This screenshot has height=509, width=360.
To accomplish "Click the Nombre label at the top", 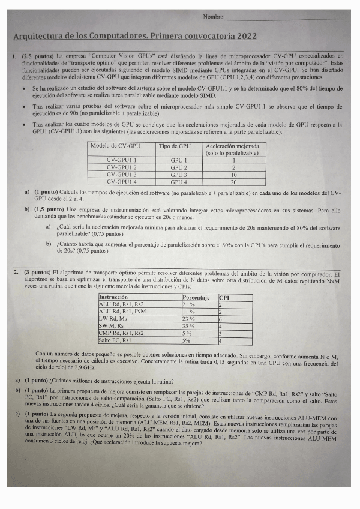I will coord(214,17).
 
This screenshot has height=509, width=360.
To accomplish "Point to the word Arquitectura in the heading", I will coord(37,37).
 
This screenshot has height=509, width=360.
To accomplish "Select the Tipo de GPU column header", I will coord(175,146).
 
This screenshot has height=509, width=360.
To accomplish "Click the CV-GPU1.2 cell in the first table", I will coord(121,167).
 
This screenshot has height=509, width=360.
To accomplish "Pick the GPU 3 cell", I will coord(178,175).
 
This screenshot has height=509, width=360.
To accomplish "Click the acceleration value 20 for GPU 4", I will coord(233,181).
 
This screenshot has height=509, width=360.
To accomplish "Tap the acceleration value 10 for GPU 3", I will coord(233,175).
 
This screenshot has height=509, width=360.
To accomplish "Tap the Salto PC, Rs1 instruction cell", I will coord(115,340).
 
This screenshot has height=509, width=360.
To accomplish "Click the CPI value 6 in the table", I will coord(221,319).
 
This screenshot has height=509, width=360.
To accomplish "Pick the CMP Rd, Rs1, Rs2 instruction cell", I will coord(121,333).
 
